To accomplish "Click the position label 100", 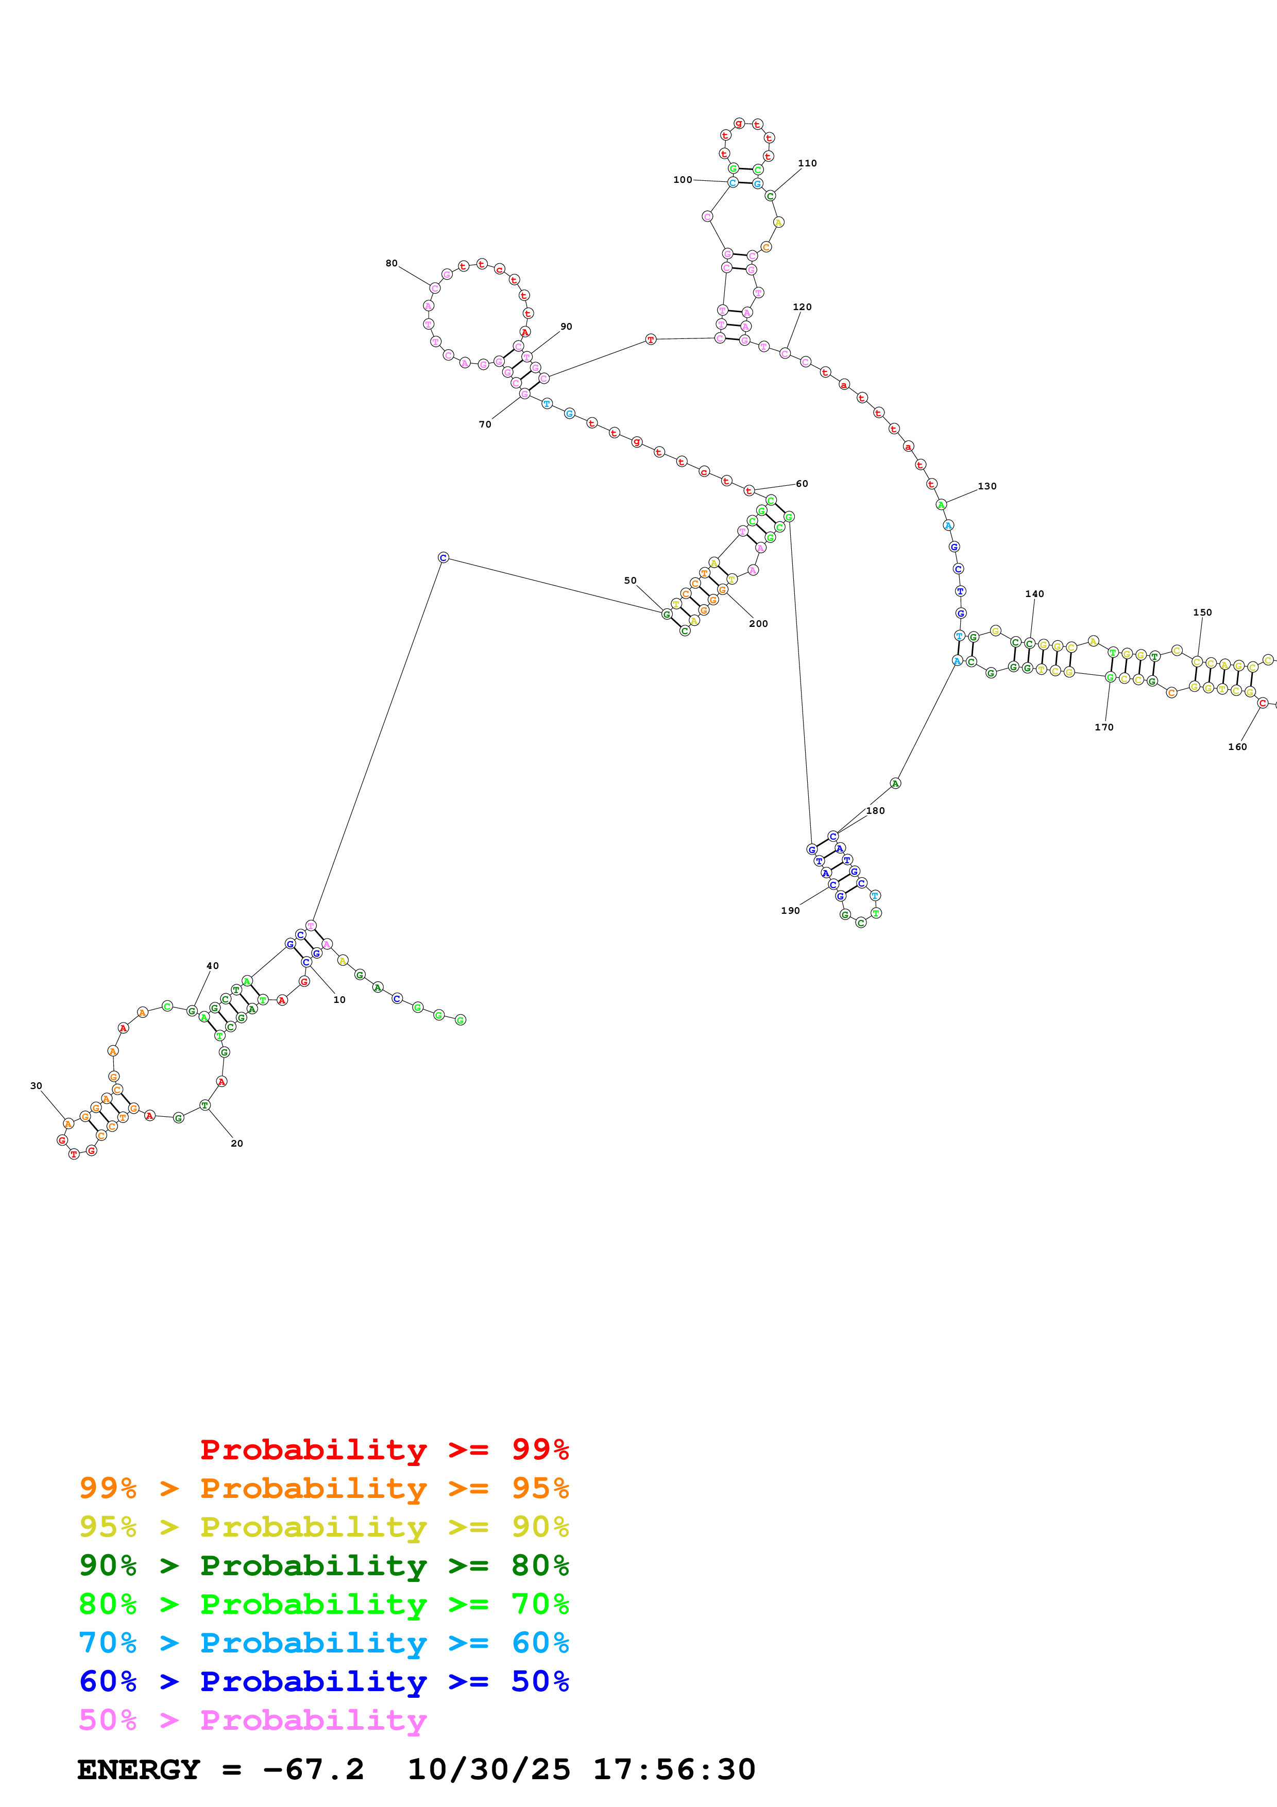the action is coord(682,179).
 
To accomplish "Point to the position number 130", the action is coord(986,486).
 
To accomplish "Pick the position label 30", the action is coord(36,1086).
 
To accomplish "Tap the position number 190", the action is coord(790,911).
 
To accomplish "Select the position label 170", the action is coord(1104,727).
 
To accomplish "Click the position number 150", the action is coord(1202,612).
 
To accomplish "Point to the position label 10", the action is coord(339,999).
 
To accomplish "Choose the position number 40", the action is coord(212,966).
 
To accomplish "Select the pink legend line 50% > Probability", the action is coord(252,1719).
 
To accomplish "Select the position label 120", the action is coord(802,307).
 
